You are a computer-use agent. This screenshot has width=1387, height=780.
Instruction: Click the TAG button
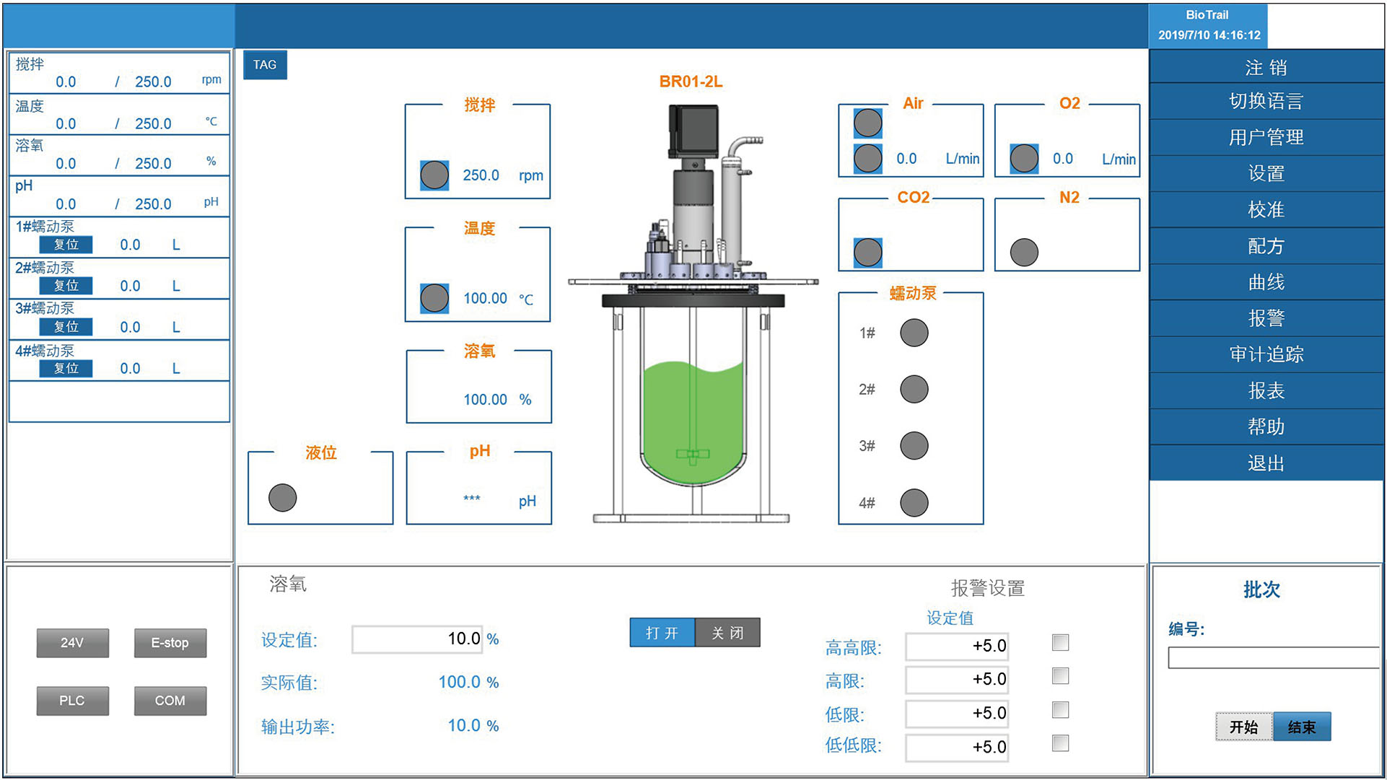(265, 65)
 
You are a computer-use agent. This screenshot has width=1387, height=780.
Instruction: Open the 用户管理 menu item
(1266, 137)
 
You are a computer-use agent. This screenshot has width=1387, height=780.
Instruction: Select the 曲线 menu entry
(1266, 282)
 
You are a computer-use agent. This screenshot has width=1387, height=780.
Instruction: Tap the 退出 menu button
(1266, 463)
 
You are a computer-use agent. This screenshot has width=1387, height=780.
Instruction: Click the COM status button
(170, 701)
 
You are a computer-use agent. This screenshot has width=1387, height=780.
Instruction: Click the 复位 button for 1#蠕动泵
(66, 245)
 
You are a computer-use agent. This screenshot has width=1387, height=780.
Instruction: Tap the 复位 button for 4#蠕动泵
(66, 369)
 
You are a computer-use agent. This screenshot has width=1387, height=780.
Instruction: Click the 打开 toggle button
(662, 633)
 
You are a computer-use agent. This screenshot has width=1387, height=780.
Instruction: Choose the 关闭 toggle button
(727, 633)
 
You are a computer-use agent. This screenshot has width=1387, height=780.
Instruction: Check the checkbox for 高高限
(1060, 642)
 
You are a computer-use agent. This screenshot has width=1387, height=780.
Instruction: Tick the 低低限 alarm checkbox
(1060, 743)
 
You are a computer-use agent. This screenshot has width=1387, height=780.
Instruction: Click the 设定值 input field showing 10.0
(417, 639)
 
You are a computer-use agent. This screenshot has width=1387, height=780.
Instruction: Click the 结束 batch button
(1301, 727)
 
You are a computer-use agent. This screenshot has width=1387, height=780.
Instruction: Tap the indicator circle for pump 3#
(914, 446)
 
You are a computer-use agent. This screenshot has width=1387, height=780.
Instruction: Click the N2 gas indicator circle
(1024, 253)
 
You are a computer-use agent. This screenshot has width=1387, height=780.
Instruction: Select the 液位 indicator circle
(282, 498)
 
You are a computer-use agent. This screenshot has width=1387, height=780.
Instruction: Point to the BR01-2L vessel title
(691, 82)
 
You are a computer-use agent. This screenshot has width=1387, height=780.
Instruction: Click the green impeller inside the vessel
(693, 455)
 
